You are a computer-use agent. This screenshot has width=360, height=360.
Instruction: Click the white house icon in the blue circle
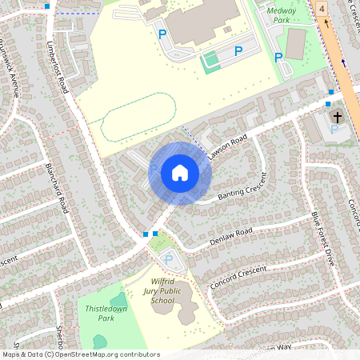(180, 173)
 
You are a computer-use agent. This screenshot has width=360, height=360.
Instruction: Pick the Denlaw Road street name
(232, 233)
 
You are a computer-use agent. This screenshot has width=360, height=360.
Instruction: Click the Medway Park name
(281, 16)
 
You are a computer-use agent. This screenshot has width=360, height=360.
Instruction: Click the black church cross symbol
(338, 118)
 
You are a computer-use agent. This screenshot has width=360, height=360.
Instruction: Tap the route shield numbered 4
(321, 8)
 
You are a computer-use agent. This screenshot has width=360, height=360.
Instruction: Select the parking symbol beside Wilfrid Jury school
(169, 260)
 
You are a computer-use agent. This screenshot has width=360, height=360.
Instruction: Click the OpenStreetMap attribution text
(80, 354)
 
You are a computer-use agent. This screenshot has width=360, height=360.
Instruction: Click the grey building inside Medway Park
(295, 43)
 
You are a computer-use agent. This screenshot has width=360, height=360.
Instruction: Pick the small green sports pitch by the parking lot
(211, 60)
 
